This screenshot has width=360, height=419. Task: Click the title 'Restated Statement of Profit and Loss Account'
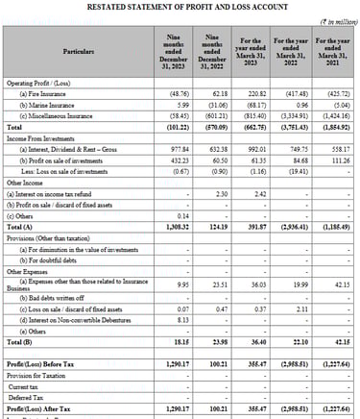[x=180, y=6]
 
